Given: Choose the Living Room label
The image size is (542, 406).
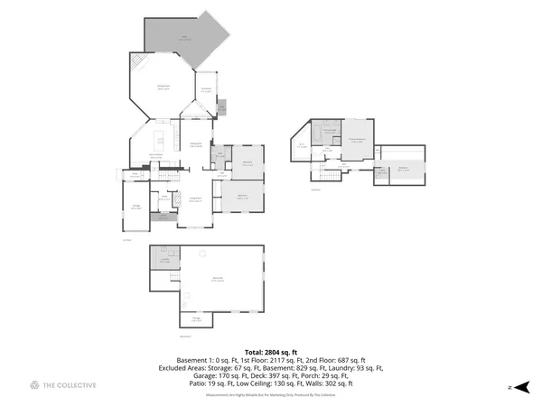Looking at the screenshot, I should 193,199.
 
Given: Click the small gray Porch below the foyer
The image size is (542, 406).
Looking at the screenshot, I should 164,217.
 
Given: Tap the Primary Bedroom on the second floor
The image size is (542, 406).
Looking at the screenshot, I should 357,139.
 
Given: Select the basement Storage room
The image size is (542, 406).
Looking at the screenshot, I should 196,318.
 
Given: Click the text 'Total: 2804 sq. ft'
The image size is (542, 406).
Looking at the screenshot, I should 271,351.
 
